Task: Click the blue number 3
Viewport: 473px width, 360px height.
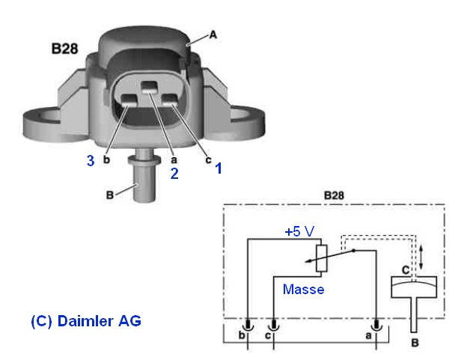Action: coord(91,162)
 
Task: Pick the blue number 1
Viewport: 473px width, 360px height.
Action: coord(218,168)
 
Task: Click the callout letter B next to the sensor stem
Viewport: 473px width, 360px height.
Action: coord(110,196)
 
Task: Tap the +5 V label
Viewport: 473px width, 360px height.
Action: coord(300,232)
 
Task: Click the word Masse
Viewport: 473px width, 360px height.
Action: coord(304,289)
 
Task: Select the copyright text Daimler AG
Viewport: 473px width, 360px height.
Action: coord(85,320)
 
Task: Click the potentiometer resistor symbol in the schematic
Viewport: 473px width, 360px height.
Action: coord(320,258)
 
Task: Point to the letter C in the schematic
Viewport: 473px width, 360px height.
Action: coord(405,267)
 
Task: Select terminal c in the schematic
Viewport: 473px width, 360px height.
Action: coord(274,329)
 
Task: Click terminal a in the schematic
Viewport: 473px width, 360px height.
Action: coord(378,329)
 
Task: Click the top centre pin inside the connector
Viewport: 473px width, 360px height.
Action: coord(151,87)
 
